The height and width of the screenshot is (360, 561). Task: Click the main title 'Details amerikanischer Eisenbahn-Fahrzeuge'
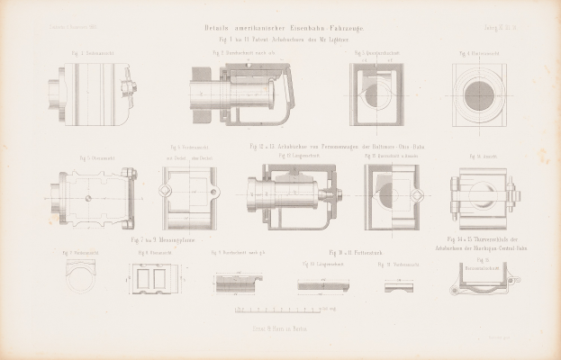280,30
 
